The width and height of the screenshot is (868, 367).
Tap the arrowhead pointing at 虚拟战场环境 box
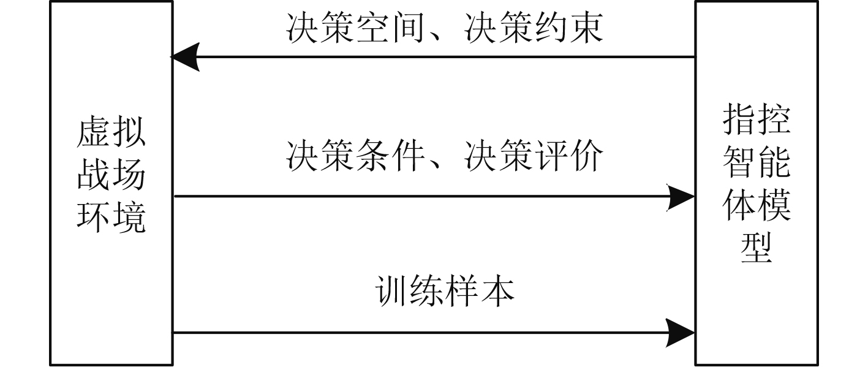click(185, 58)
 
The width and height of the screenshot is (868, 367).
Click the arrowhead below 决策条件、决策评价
click(681, 197)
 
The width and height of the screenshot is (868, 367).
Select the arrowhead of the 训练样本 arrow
click(681, 333)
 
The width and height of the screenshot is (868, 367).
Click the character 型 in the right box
click(757, 248)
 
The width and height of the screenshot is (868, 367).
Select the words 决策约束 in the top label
click(534, 29)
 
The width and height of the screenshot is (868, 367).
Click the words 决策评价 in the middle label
click(534, 156)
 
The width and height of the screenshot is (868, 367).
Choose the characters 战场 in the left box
click(111, 176)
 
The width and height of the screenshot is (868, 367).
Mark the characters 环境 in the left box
click(111, 219)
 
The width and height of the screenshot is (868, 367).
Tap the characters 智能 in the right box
click(757, 162)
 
